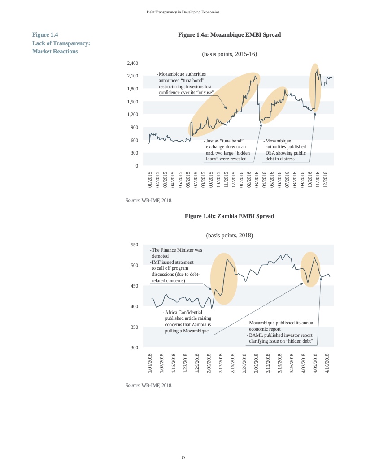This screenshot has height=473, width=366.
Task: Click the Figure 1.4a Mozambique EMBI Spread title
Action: tap(229, 35)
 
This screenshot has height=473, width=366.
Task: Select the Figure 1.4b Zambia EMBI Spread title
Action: tap(229, 216)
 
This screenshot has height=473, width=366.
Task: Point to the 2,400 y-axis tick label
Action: tap(132, 63)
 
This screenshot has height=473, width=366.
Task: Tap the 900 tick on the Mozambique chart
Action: tap(134, 128)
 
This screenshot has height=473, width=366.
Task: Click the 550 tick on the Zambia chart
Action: tap(134, 245)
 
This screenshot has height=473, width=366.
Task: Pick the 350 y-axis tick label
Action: tap(134, 327)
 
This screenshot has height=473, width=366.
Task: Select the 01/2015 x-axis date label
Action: tap(150, 179)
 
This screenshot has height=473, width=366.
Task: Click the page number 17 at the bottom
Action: tap(183, 457)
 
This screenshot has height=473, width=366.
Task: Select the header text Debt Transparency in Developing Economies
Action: tap(183, 12)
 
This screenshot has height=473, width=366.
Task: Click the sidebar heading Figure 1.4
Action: tap(45, 35)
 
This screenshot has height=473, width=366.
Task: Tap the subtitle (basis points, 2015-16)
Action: tap(229, 54)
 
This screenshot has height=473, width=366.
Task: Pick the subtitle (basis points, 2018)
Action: tap(229, 236)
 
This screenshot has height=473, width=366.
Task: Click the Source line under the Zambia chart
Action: tap(149, 385)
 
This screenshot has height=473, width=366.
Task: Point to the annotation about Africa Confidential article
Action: tap(187, 322)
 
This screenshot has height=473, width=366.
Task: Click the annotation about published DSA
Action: tap(286, 150)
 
